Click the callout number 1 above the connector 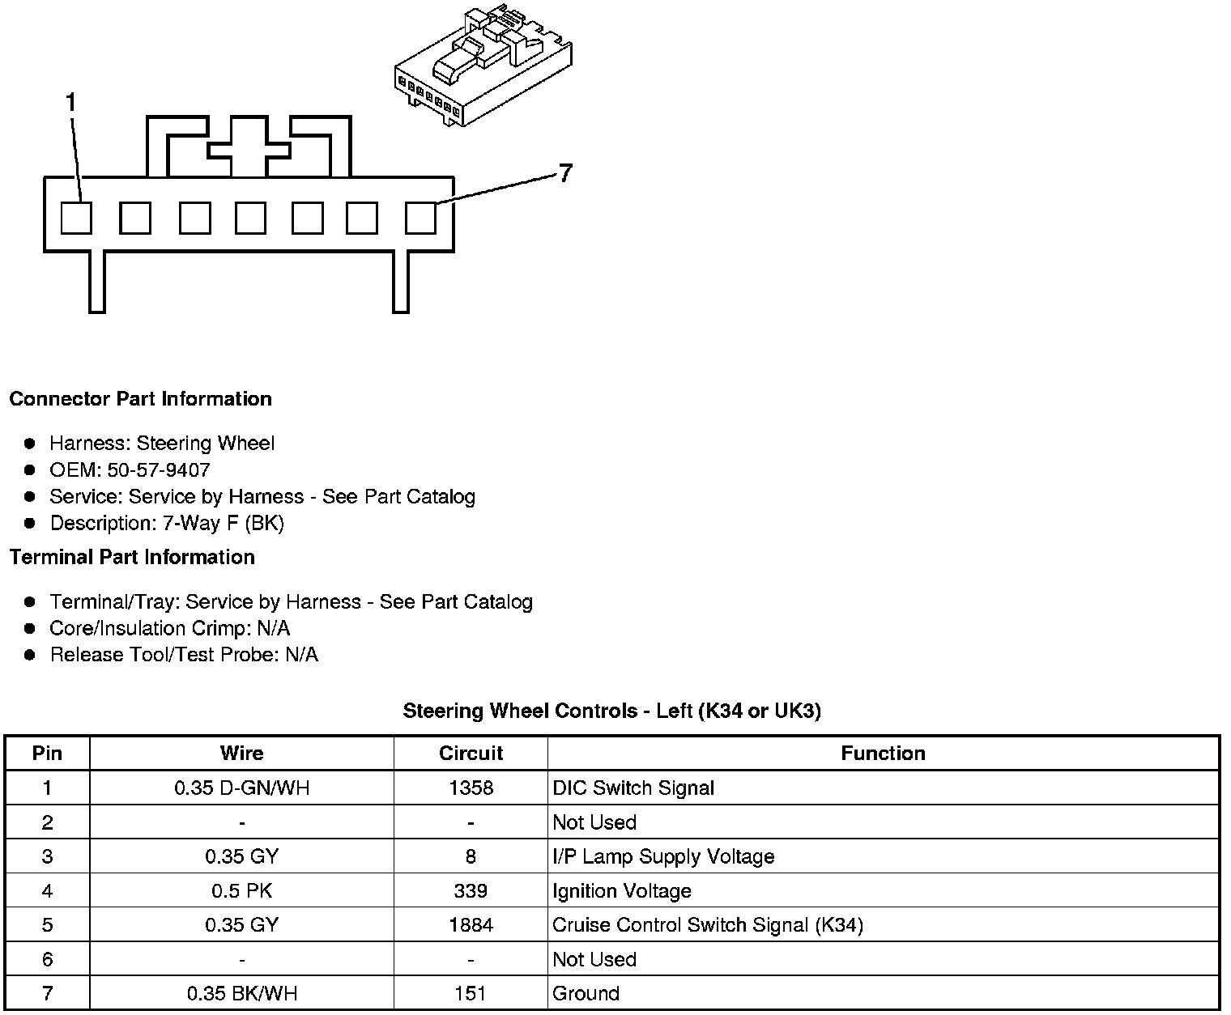tap(71, 103)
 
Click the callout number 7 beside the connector tap(565, 173)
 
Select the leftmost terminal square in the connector tap(77, 218)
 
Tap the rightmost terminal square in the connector tap(420, 218)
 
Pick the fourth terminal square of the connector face tap(250, 218)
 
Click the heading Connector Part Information tap(140, 399)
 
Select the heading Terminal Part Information tap(132, 558)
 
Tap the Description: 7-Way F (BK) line tap(167, 524)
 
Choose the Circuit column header tap(471, 754)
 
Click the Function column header tap(883, 754)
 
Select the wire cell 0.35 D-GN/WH tap(241, 788)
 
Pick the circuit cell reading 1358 tap(471, 788)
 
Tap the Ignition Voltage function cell tap(621, 891)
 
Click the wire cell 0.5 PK tap(241, 891)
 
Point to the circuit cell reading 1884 tap(471, 925)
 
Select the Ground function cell tap(586, 994)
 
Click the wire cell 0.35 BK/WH tap(241, 994)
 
